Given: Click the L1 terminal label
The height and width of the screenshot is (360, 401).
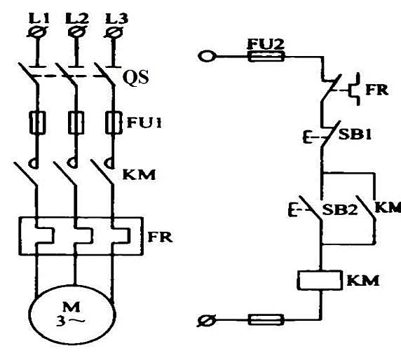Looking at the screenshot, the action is (39, 18).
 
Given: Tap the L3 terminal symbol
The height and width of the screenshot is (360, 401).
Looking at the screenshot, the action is (114, 32).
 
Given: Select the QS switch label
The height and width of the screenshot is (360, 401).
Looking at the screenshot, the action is (135, 77).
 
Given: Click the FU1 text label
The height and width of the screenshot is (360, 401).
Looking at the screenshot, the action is (144, 123).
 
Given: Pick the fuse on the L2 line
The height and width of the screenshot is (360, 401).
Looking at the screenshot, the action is (76, 123).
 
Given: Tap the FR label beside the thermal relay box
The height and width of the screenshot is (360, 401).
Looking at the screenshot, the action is (161, 237).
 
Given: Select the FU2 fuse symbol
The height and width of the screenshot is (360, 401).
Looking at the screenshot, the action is (266, 57).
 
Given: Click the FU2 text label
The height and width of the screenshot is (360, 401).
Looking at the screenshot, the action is (266, 43).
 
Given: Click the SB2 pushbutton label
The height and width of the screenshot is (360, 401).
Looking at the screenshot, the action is (339, 209).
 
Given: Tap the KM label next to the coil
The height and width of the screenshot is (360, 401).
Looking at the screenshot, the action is (363, 281).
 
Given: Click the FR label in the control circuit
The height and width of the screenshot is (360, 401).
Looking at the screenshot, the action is (377, 90).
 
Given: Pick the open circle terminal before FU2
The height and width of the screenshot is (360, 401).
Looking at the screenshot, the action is (207, 56).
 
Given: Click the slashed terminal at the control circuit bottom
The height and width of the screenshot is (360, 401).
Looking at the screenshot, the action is (206, 320).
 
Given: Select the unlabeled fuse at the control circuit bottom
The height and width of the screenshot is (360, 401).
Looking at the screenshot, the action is (266, 319).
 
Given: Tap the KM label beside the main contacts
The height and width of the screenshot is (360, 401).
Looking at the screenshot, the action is (139, 175).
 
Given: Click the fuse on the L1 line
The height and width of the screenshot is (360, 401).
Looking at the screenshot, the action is (38, 123).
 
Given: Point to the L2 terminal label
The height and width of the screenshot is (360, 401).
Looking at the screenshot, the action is (77, 18).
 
